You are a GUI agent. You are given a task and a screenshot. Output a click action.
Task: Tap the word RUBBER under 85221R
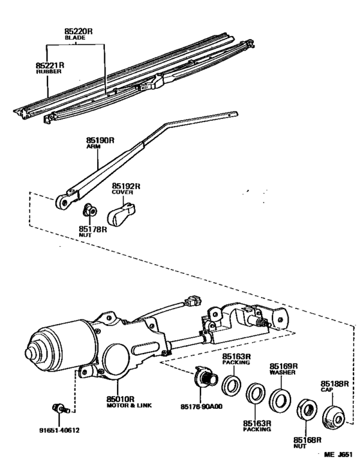49,72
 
